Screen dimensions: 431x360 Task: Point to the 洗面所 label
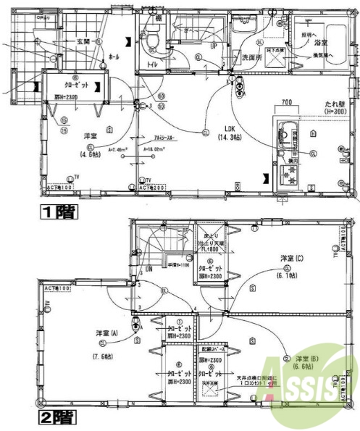tap(251, 57)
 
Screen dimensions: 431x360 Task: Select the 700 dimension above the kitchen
tap(287, 101)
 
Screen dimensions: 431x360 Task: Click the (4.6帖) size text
tap(91, 153)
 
